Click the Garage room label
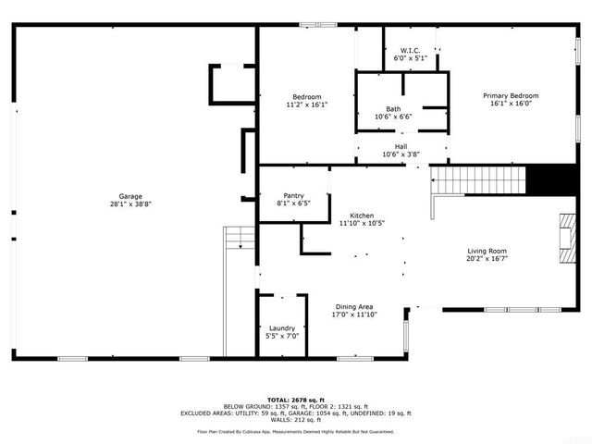point(129,196)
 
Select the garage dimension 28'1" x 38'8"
point(129,203)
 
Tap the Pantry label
point(293,196)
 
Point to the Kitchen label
point(362,215)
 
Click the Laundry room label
point(282,327)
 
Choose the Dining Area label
point(353,306)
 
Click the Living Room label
point(487,251)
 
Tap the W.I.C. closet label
point(411,50)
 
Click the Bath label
point(394,108)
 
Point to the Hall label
point(401,146)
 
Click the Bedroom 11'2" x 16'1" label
point(307,97)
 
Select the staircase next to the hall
point(478,179)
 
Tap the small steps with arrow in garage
point(239,239)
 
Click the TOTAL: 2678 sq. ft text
point(296,399)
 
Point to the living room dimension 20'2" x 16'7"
point(487,259)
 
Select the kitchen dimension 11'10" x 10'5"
point(362,223)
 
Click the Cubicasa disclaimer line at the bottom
point(296,431)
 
